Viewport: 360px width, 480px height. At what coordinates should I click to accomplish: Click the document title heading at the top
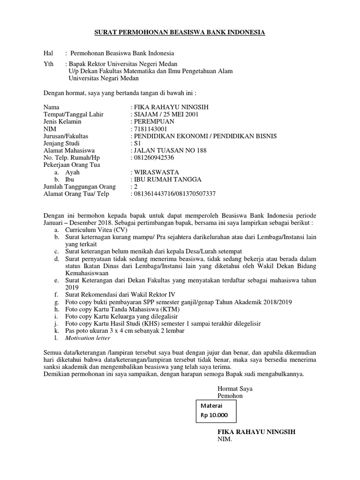(x=180, y=32)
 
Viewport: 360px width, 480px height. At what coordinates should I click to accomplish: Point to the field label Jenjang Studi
(x=61, y=143)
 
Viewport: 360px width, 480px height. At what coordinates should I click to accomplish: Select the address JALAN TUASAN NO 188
(x=170, y=150)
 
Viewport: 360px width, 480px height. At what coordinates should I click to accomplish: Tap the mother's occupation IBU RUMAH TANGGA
(x=167, y=180)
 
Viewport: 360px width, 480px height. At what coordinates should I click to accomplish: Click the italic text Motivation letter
(x=88, y=337)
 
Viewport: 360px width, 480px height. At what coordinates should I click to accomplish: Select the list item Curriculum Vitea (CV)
(x=96, y=230)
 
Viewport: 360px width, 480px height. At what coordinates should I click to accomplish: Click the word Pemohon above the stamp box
(x=230, y=396)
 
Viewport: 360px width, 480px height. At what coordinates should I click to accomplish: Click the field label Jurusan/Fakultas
(x=66, y=136)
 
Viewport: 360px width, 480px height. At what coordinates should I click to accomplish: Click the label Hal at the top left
(x=48, y=53)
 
